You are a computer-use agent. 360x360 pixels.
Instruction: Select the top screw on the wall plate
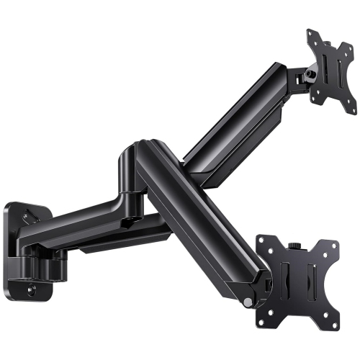28,213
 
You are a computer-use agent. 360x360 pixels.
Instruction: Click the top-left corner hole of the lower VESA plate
264,243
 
